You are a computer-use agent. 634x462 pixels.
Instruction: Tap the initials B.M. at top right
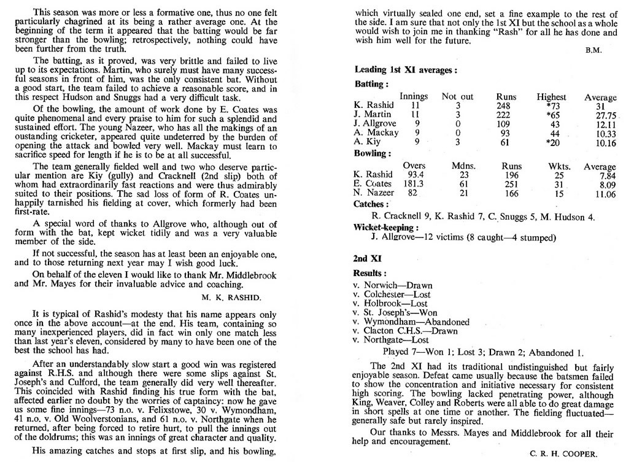[593, 51]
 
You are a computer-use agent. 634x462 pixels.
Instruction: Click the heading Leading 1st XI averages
[405, 71]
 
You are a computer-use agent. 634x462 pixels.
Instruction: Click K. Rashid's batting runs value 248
[506, 106]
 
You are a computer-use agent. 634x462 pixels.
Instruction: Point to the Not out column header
[457, 97]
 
